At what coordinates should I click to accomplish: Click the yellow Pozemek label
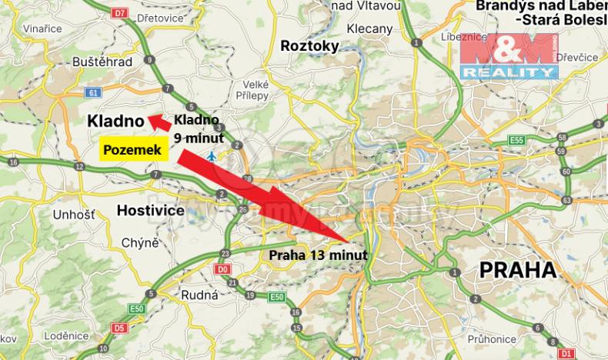click(132, 150)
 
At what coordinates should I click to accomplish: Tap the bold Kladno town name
click(115, 121)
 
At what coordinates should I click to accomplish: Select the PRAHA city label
click(517, 270)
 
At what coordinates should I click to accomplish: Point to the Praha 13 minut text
click(317, 254)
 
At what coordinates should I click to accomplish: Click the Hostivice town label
click(150, 209)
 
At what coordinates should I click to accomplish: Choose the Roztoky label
click(309, 46)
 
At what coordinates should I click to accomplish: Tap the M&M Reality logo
click(507, 55)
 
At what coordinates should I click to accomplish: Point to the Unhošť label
click(73, 215)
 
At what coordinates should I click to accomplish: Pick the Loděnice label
click(65, 336)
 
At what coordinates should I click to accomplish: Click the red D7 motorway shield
click(118, 14)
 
